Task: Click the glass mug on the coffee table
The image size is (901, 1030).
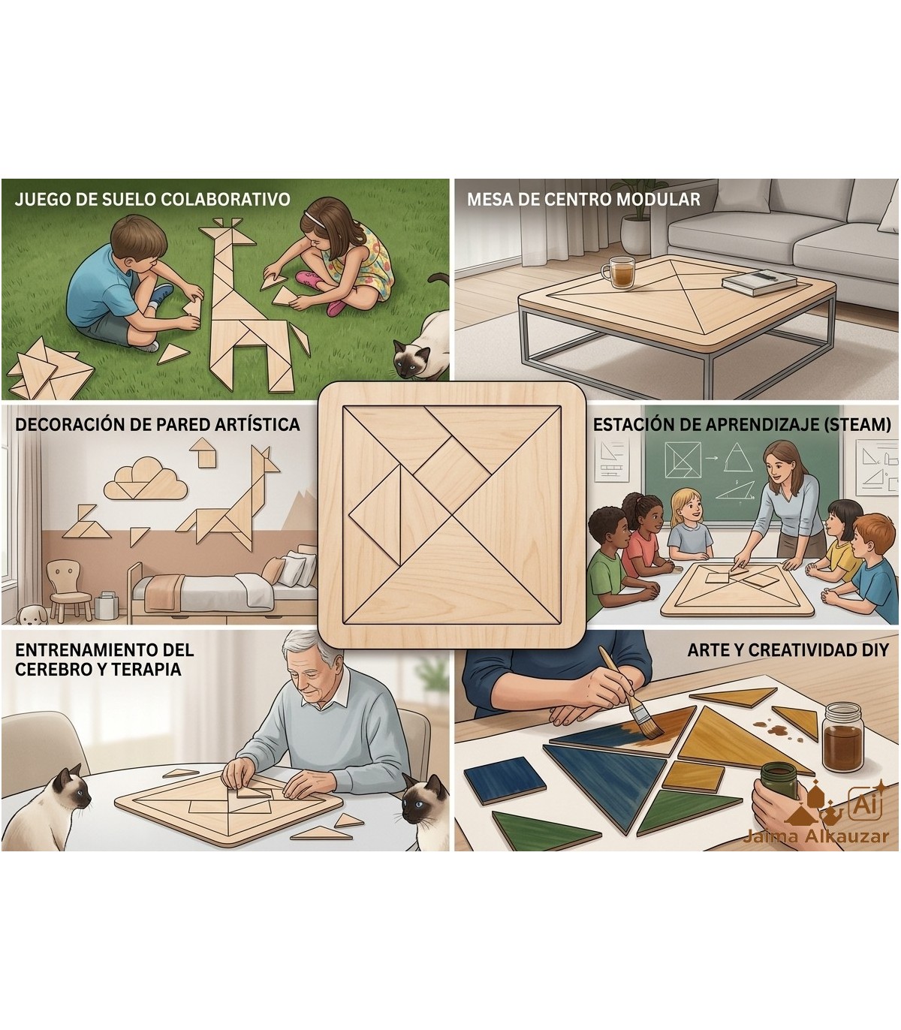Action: coord(619,273)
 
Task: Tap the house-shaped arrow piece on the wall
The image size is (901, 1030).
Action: coord(203,452)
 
